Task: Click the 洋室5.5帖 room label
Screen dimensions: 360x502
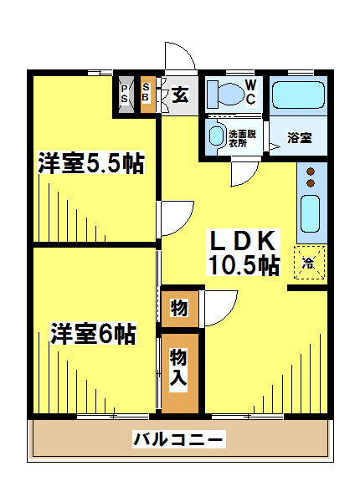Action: click(x=91, y=163)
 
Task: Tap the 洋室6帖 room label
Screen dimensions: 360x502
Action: click(x=93, y=333)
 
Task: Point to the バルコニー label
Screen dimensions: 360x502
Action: click(x=178, y=438)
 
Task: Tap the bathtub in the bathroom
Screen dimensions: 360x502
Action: click(x=298, y=95)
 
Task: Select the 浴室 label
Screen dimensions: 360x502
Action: click(x=300, y=138)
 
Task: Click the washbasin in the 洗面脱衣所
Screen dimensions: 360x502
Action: click(x=216, y=136)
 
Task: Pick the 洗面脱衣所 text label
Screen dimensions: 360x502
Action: click(x=243, y=139)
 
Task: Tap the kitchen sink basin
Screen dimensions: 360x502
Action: click(x=310, y=213)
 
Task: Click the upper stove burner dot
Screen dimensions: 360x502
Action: click(x=311, y=172)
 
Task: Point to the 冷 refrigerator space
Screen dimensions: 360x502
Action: click(x=310, y=262)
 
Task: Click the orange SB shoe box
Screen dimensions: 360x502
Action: click(x=147, y=95)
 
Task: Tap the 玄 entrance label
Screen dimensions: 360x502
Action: click(x=180, y=94)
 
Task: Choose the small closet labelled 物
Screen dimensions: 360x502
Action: click(x=180, y=309)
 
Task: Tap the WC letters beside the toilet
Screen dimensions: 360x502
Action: click(x=251, y=92)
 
